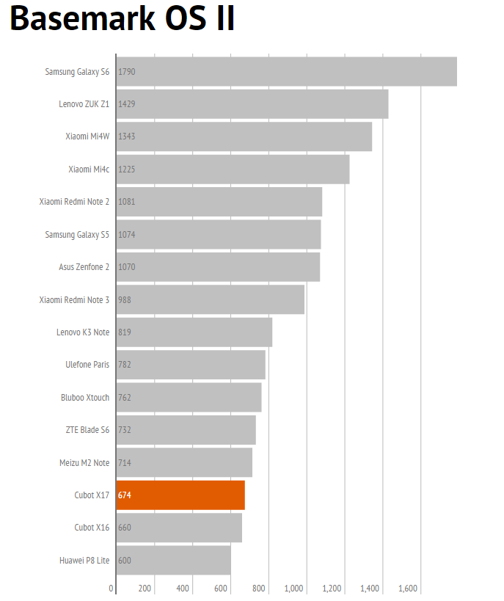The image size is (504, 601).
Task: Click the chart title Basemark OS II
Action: pos(123,19)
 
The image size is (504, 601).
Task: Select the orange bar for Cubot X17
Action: pos(180,495)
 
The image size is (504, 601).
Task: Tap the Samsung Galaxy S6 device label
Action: pos(77,72)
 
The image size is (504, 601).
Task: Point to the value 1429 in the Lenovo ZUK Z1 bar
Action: pos(126,104)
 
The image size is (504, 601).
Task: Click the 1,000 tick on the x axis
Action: pos(293,589)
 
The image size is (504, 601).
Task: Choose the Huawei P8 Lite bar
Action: pos(173,560)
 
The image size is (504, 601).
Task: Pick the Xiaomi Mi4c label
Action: pos(89,170)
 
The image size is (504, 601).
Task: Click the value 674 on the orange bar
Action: pos(125,495)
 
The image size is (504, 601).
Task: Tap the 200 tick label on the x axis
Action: pos(145,589)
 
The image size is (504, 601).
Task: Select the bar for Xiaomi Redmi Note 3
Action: pos(210,299)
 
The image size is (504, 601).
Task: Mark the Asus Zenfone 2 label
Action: pos(84,267)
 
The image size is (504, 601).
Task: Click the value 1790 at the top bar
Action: pos(126,72)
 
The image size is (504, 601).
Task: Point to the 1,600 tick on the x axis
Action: pos(408,589)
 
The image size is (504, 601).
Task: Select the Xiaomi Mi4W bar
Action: pos(244,136)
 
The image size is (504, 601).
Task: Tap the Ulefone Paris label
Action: pos(87,365)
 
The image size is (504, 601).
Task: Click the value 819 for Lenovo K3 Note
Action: pos(125,332)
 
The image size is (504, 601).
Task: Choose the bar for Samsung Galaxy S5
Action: pos(218,234)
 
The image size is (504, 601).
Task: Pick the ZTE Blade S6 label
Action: pos(87,430)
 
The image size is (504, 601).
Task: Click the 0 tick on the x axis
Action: pos(112,589)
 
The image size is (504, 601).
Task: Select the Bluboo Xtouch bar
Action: pos(189,397)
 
